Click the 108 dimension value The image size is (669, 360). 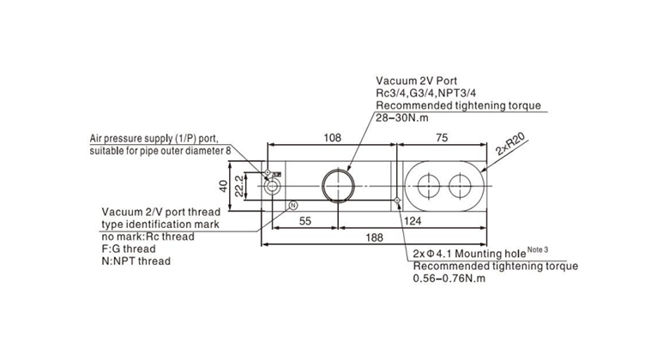333,138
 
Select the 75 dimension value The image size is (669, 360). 442,138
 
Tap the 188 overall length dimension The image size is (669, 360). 374,237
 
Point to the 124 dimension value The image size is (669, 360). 413,221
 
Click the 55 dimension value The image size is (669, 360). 305,221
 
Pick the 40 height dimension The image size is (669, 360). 223,186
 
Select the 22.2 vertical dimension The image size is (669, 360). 239,186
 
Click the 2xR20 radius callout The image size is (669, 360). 511,145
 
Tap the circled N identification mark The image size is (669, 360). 293,206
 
